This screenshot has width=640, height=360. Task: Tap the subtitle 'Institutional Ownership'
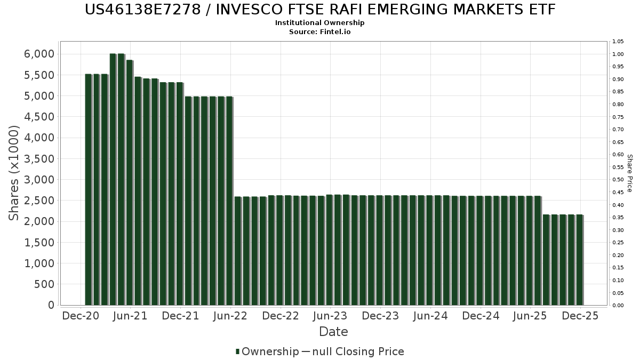(320, 23)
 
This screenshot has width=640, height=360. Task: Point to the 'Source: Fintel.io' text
(320, 31)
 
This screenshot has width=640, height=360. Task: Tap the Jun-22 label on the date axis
(231, 316)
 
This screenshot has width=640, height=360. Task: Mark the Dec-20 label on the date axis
(81, 316)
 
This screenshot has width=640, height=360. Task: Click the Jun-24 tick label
(431, 316)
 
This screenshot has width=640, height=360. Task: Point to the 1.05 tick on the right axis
(618, 42)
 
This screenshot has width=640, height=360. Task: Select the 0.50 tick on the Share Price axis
(618, 180)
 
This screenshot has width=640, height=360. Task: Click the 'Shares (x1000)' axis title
(14, 173)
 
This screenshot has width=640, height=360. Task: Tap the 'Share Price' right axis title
(629, 173)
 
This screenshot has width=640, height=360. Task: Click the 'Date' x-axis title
(333, 332)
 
